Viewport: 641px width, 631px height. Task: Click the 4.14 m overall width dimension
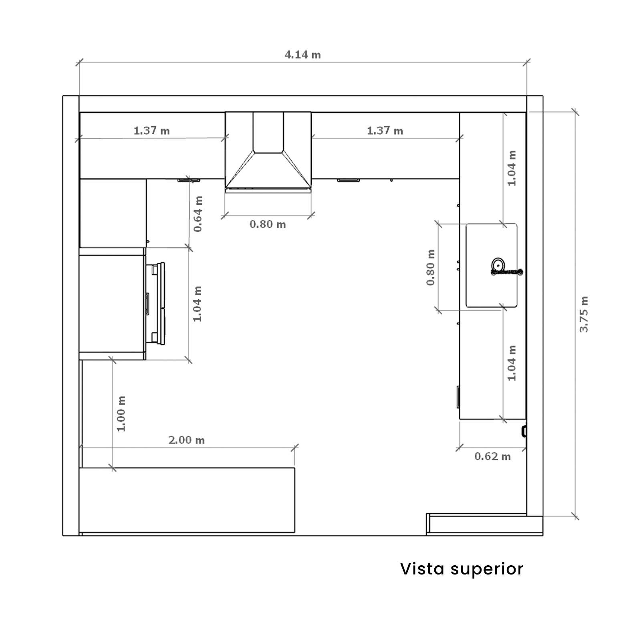point(302,54)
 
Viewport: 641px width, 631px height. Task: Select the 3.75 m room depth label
point(584,314)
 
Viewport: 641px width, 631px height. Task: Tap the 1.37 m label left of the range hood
point(151,131)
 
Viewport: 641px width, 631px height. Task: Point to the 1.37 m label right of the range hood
point(385,131)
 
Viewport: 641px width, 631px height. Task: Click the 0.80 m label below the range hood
point(268,224)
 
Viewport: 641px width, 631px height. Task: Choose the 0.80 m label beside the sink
point(431,268)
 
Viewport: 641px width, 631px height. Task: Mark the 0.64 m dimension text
point(198,214)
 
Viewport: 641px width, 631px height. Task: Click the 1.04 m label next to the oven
point(198,304)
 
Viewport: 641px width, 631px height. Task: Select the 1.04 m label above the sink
point(512,168)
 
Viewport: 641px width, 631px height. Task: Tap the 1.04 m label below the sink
point(512,363)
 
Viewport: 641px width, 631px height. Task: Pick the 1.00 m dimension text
point(121,414)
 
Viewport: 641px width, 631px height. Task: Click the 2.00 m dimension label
point(186,440)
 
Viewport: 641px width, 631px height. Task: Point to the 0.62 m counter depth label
point(492,456)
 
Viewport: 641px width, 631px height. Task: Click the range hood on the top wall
point(268,151)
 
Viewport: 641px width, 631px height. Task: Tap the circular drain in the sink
point(498,264)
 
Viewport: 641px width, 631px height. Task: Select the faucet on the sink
point(507,272)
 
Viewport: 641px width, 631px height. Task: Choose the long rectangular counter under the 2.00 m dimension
point(187,500)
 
